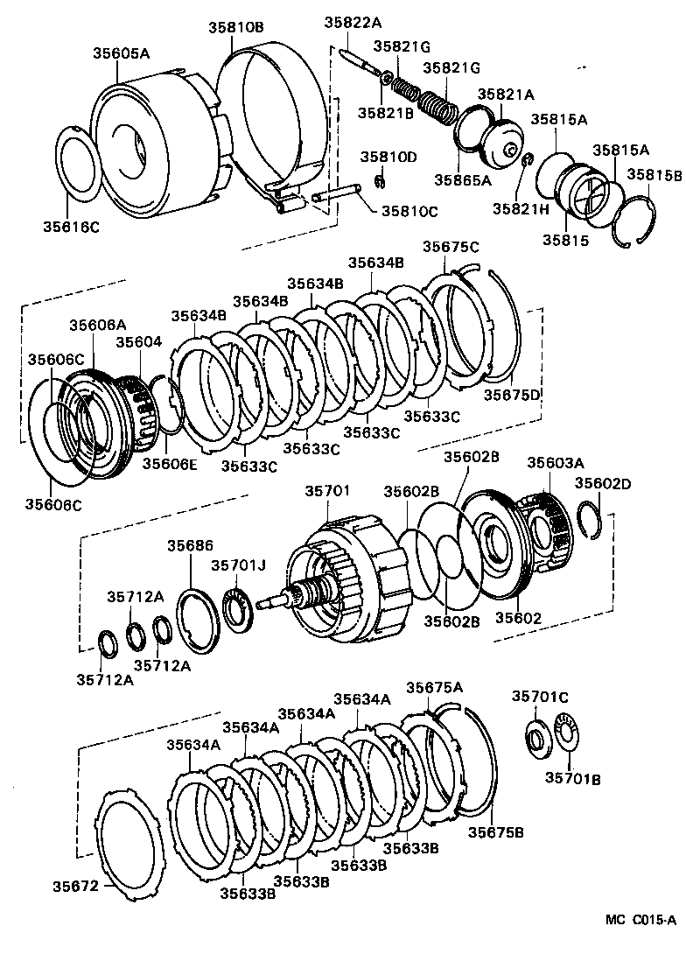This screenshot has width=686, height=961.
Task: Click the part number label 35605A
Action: (122, 53)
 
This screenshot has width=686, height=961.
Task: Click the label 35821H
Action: (520, 208)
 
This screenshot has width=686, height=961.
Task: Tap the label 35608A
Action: (98, 325)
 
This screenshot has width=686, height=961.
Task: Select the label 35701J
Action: (237, 565)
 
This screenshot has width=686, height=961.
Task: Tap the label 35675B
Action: (495, 831)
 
